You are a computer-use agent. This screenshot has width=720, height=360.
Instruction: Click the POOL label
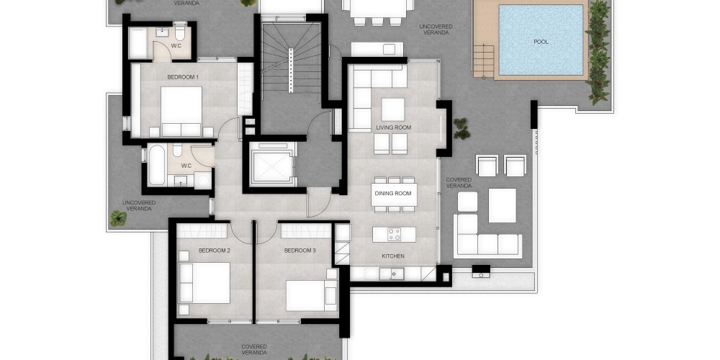(x=541, y=42)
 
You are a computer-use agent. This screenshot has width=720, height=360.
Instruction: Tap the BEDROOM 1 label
(x=183, y=77)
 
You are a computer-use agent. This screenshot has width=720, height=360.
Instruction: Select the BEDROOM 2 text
(x=215, y=251)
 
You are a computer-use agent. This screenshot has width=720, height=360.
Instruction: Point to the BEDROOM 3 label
(x=300, y=251)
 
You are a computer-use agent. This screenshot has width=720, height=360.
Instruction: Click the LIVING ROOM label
(x=394, y=127)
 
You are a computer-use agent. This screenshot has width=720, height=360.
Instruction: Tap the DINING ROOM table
(x=395, y=194)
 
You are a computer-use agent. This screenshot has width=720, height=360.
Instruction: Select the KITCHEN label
(x=394, y=256)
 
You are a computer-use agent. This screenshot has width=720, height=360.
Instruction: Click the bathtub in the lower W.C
(x=156, y=165)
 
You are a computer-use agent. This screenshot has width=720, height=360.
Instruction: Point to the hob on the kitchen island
(x=395, y=234)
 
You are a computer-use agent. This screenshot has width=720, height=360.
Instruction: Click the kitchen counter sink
(x=395, y=274)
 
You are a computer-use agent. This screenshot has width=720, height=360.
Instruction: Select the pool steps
(x=484, y=60)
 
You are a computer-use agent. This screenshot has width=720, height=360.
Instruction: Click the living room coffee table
(x=393, y=109)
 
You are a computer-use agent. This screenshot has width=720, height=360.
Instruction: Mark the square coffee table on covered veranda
(x=502, y=206)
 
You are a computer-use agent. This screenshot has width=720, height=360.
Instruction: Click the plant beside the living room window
(x=461, y=129)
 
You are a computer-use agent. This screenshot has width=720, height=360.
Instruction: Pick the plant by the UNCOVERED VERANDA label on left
(x=118, y=219)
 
